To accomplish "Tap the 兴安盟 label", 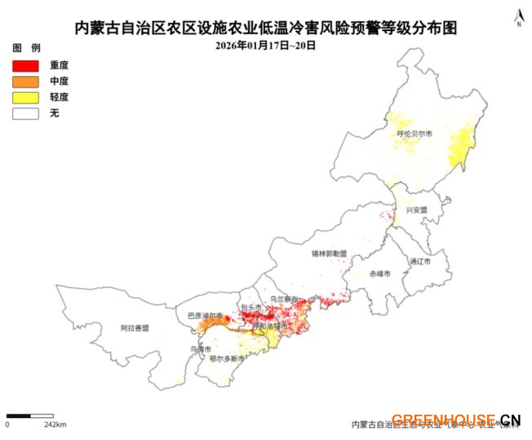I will coord(416,210).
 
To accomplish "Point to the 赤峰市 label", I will coord(379,273).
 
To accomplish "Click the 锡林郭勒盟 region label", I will coord(329,254).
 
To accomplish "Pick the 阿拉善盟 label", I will coord(135,328).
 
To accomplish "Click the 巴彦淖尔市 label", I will coord(205,315).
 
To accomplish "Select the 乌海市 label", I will coord(199,349).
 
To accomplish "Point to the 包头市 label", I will coord(250,308).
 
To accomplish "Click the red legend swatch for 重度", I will coord(25,64).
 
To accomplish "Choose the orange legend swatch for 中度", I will coord(25,81).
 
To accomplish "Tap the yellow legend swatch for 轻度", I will coord(25,97).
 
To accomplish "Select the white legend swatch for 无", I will coord(25,113).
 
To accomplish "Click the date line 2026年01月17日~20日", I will coord(265,46).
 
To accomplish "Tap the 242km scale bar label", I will coord(55,424).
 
